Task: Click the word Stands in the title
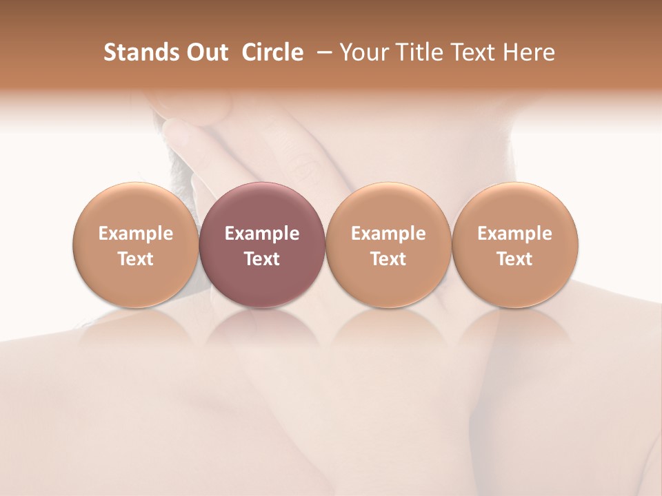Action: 137,52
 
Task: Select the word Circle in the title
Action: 272,52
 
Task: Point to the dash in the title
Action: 321,52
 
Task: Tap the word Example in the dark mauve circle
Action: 262,234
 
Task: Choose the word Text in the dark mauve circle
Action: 262,259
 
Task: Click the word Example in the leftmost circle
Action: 136,234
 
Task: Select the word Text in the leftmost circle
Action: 136,259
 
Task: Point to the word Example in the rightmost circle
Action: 515,234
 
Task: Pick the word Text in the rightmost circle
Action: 515,259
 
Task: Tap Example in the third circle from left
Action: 388,234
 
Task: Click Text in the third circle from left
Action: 388,259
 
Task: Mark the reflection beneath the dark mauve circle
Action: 262,327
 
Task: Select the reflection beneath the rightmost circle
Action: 515,327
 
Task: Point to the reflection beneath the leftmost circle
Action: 136,327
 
